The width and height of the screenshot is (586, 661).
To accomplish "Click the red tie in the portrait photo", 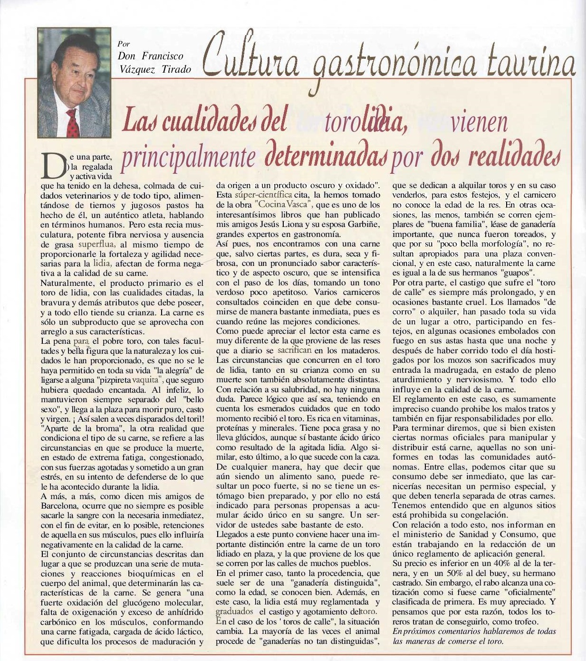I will click(x=73, y=123).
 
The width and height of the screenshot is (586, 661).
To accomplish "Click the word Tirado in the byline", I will click(x=176, y=69).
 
